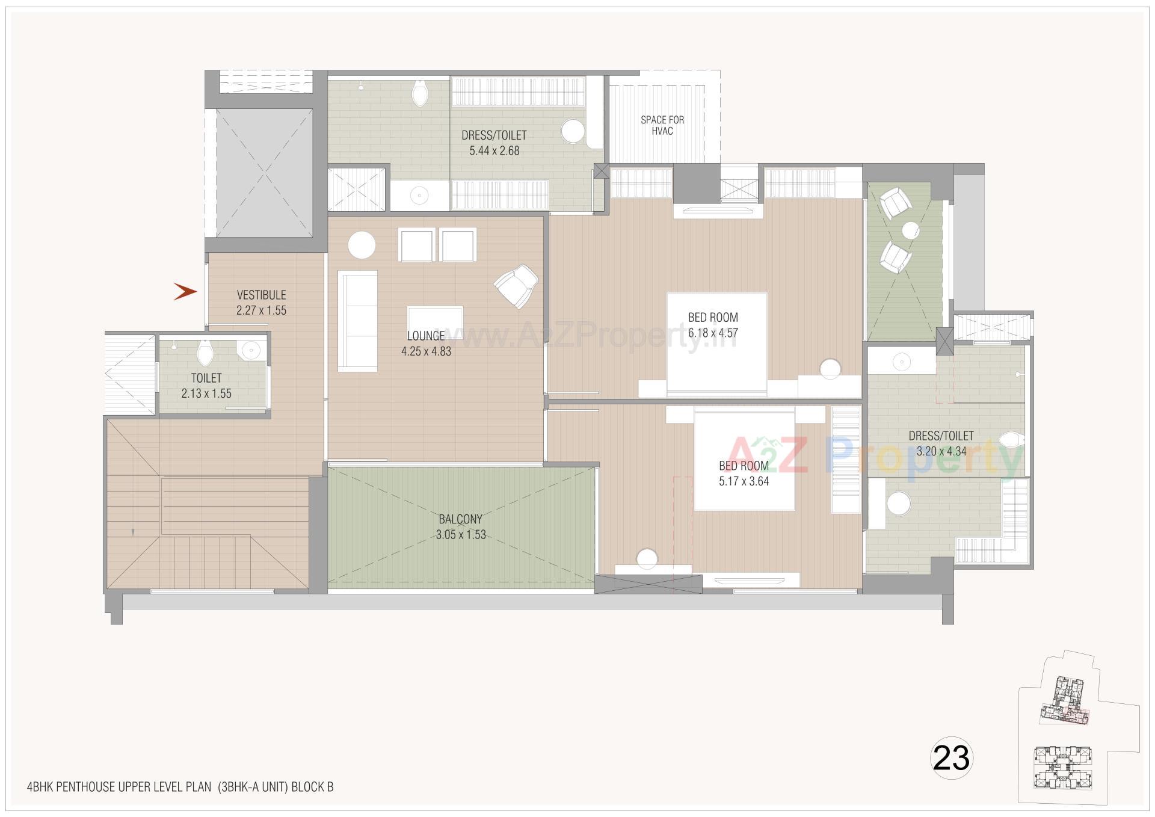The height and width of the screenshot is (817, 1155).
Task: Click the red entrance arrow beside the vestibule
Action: click(185, 292)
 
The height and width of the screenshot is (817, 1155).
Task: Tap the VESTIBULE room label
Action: click(261, 295)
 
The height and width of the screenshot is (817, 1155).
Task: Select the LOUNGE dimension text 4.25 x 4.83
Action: click(426, 351)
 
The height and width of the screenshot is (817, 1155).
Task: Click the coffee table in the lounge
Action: click(435, 319)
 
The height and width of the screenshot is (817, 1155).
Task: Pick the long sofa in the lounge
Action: click(358, 321)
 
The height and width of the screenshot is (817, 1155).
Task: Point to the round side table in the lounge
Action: click(362, 245)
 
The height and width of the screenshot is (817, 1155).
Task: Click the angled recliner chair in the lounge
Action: click(516, 286)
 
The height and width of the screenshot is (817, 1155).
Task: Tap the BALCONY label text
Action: click(460, 519)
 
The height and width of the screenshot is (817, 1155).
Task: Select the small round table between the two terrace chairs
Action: click(910, 230)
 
